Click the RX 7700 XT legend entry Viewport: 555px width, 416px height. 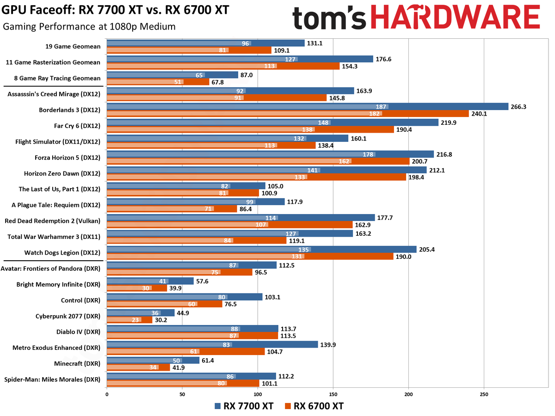[244, 406]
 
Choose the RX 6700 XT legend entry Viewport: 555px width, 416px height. [314, 406]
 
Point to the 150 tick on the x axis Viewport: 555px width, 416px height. [333, 394]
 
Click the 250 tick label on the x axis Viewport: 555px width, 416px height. [484, 394]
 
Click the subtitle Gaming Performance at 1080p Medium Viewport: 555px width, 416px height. [89, 26]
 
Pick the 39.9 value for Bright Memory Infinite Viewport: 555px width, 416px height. [177, 288]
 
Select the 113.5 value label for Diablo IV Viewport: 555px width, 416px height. [289, 336]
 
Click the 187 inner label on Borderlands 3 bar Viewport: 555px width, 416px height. [382, 106]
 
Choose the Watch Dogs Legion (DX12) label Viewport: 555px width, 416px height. [62, 253]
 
